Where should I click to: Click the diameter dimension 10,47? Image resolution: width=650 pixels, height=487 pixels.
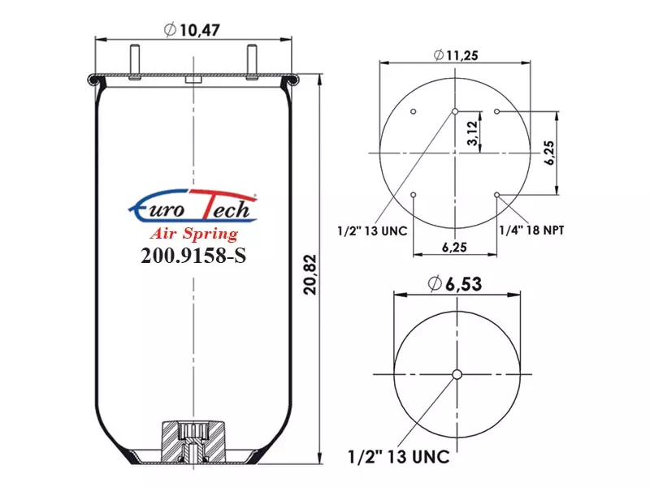tap(192, 30)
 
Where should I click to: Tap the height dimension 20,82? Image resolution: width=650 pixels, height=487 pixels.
tap(310, 274)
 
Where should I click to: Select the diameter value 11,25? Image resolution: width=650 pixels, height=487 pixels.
tap(456, 55)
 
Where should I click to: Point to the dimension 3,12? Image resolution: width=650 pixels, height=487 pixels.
tap(472, 133)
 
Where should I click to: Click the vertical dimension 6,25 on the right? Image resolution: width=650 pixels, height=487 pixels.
tap(549, 153)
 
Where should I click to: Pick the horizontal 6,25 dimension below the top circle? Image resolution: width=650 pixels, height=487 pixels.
tap(454, 248)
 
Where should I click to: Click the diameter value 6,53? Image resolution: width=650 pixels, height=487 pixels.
tap(455, 284)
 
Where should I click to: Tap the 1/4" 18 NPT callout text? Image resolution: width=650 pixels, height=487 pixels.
tap(532, 230)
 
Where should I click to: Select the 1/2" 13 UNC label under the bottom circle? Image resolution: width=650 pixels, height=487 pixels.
tap(399, 457)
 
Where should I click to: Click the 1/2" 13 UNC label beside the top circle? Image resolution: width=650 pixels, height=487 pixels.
tap(372, 231)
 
